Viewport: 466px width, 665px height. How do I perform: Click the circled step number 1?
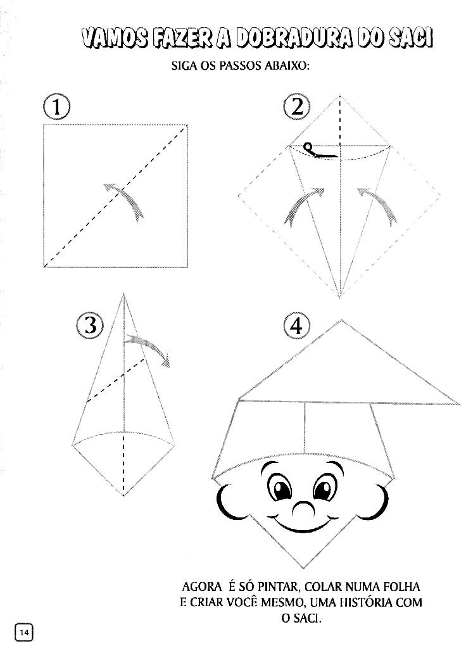(56, 106)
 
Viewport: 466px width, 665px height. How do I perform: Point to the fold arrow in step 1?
(125, 200)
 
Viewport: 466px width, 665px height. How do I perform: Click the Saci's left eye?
(280, 487)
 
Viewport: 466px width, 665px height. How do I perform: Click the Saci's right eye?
(325, 487)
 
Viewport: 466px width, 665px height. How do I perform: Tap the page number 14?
(24, 632)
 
